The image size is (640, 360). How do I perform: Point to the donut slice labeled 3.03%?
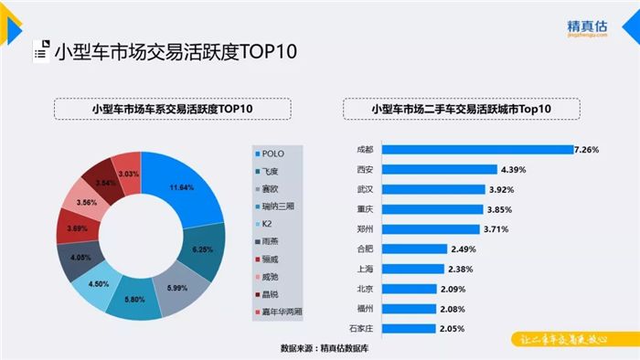pos(128,174)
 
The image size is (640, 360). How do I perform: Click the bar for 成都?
pos(475,149)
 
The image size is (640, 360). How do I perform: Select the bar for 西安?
pos(439,169)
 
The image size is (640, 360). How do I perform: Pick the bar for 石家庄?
pos(411,327)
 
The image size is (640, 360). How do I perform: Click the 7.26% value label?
pos(586,149)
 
